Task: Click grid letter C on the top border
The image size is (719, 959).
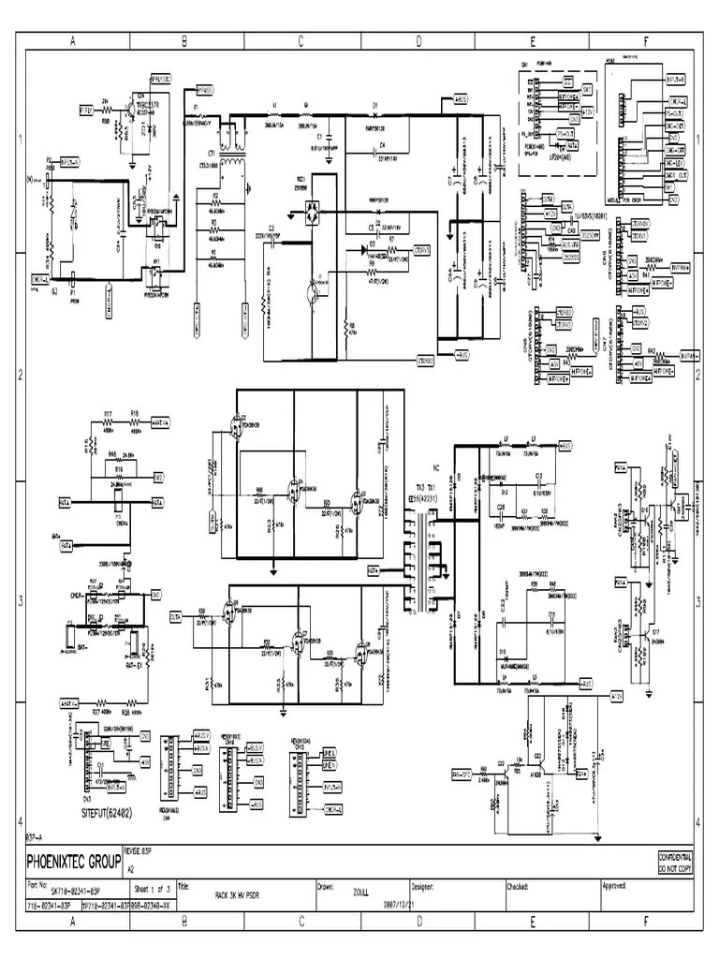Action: pyautogui.click(x=301, y=41)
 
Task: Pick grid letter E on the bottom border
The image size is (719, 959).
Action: pyautogui.click(x=532, y=923)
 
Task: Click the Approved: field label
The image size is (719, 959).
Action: pyautogui.click(x=614, y=884)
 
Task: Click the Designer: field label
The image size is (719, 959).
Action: pyautogui.click(x=424, y=884)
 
